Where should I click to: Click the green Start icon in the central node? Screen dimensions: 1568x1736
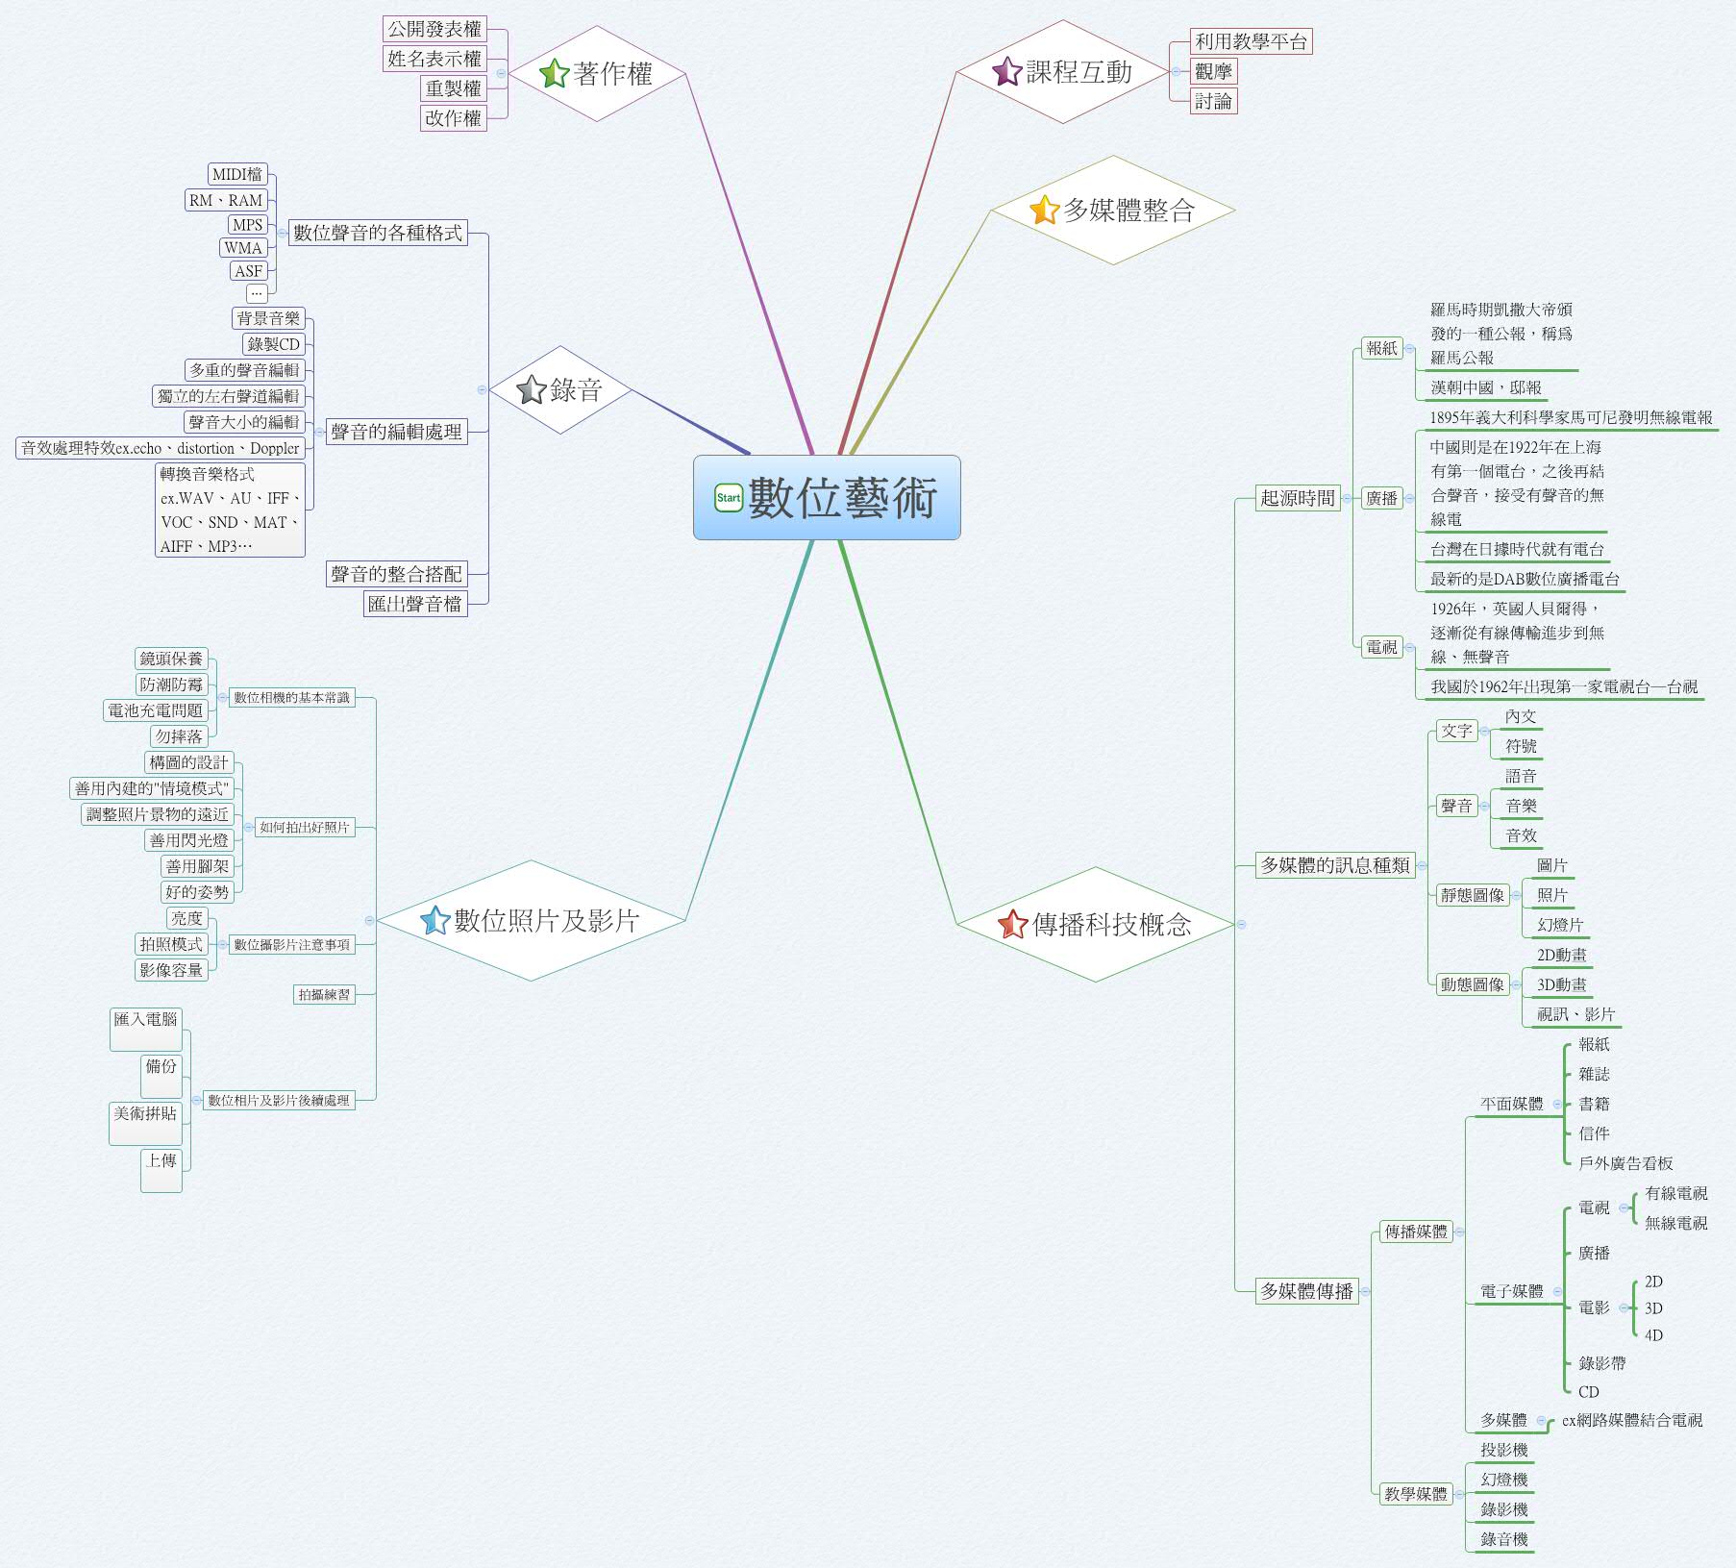pyautogui.click(x=729, y=498)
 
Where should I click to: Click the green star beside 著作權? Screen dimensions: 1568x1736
pyautogui.click(x=555, y=73)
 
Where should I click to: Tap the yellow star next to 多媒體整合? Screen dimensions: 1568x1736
pyautogui.click(x=1044, y=210)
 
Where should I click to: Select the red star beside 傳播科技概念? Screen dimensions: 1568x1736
pyautogui.click(x=1013, y=924)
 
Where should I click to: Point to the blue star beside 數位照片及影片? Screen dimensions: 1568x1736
pyautogui.click(x=435, y=920)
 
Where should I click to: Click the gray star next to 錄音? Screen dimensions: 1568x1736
pyautogui.click(x=532, y=389)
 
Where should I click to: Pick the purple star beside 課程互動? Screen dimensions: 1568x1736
pyautogui.click(x=1006, y=71)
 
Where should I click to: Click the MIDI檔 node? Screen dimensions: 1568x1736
pyautogui.click(x=237, y=174)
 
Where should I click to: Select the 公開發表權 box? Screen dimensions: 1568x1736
pyautogui.click(x=434, y=29)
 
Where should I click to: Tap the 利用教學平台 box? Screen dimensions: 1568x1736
pyautogui.click(x=1251, y=41)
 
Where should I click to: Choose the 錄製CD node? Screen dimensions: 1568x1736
pyautogui.click(x=274, y=344)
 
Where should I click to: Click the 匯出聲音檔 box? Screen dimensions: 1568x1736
pyautogui.click(x=415, y=604)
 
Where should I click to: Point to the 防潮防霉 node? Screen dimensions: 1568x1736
pyautogui.click(x=172, y=684)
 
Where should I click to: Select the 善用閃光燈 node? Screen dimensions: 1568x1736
pyautogui.click(x=189, y=840)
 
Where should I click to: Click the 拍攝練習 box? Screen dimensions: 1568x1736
pyautogui.click(x=324, y=994)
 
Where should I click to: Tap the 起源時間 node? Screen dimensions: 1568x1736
pyautogui.click(x=1298, y=498)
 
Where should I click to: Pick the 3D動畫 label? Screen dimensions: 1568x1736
pyautogui.click(x=1562, y=984)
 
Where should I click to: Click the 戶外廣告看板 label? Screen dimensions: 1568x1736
pyautogui.click(x=1625, y=1163)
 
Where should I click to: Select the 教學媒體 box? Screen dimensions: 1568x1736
pyautogui.click(x=1415, y=1494)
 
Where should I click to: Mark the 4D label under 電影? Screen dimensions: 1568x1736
pyautogui.click(x=1653, y=1335)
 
